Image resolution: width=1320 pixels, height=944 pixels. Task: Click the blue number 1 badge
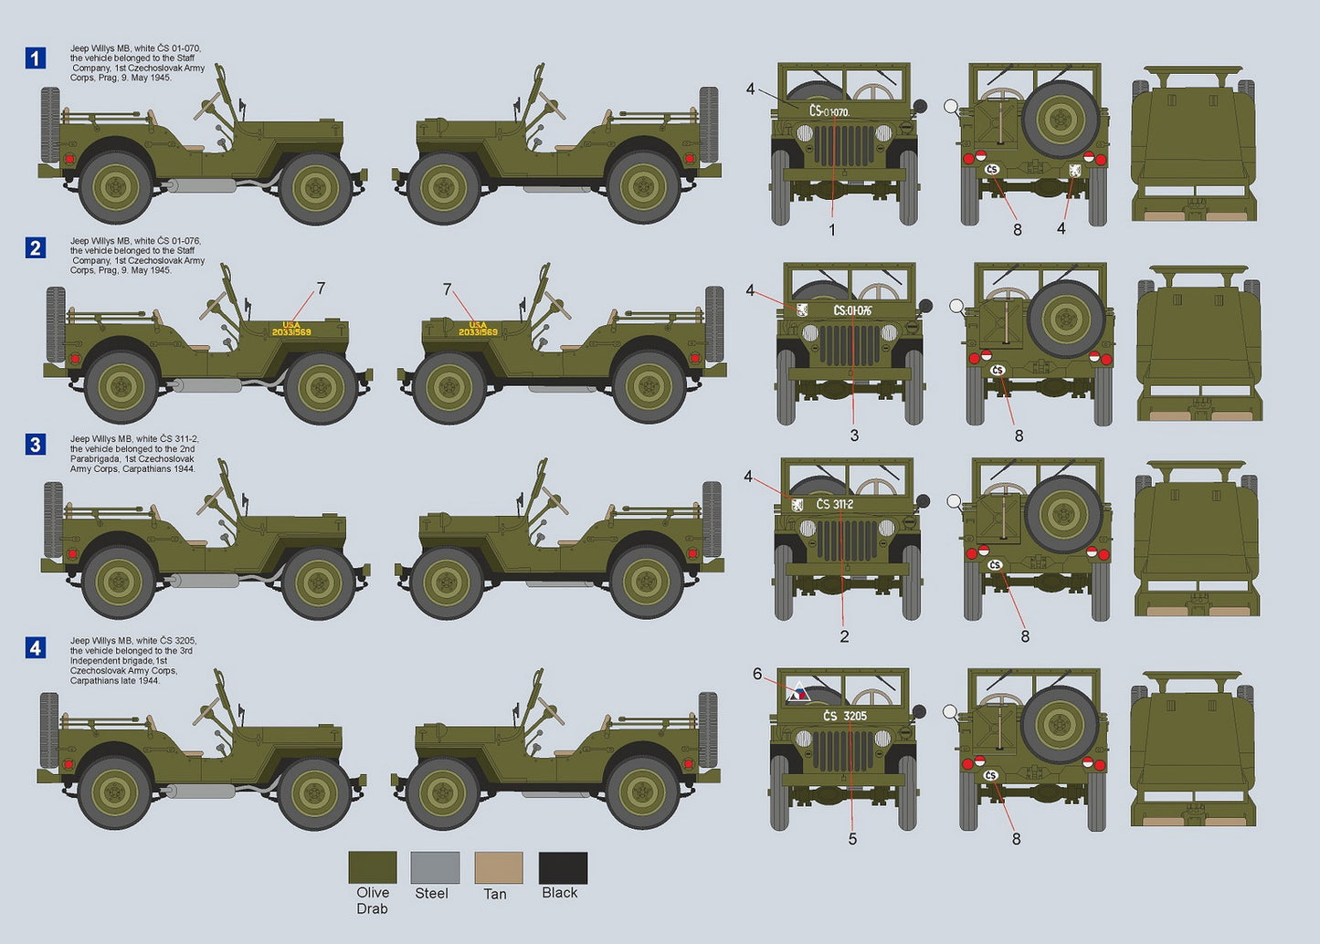point(35,58)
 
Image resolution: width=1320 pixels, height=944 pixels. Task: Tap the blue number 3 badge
point(35,445)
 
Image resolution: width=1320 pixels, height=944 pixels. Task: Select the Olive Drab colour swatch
point(373,867)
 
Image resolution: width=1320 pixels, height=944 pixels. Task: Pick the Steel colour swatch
point(435,867)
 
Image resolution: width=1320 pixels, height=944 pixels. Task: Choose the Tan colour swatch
point(499,867)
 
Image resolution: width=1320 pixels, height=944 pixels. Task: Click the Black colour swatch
point(563,867)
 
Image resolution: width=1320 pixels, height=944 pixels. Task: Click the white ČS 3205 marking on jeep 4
point(845,716)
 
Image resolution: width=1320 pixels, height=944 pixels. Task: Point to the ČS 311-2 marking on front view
point(834,504)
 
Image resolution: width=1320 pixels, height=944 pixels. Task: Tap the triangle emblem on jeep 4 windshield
point(799,692)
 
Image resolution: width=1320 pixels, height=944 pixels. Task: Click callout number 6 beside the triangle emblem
point(757,674)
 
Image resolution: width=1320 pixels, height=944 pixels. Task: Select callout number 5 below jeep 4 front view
point(852,838)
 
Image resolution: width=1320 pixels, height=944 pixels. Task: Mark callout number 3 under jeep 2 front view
point(854,435)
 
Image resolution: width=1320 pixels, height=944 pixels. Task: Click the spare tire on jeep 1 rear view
point(1060,120)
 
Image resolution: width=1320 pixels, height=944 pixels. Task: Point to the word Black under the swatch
point(559,893)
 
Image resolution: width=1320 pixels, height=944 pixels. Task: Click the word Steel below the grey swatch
point(431,893)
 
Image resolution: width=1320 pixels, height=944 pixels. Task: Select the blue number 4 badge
point(35,648)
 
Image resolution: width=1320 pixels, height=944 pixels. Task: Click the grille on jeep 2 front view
point(850,344)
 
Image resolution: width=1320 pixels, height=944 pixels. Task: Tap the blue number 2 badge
point(35,247)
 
